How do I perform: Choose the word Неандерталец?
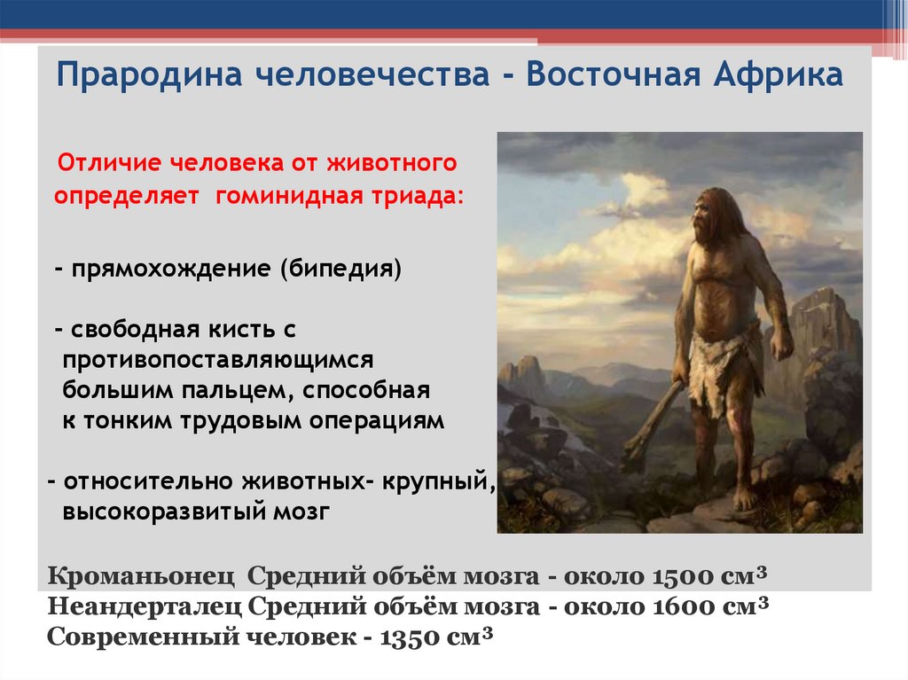pyautogui.click(x=145, y=607)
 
